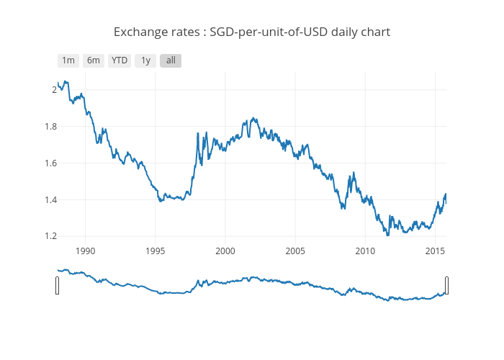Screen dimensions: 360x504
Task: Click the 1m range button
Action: [x=68, y=60]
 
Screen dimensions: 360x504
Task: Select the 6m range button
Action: [x=94, y=60]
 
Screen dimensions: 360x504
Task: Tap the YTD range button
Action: [x=120, y=60]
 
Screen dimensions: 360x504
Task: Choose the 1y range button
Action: [x=145, y=60]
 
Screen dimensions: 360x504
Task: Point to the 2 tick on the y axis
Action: [x=53, y=90]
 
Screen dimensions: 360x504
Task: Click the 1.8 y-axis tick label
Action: [x=50, y=127]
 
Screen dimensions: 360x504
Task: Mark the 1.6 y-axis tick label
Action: [x=50, y=163]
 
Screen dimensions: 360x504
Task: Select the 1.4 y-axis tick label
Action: [x=50, y=200]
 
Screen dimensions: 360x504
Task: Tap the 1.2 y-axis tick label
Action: [x=50, y=236]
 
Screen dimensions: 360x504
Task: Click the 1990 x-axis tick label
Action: [x=85, y=251]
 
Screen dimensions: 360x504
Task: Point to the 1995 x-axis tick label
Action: [x=155, y=251]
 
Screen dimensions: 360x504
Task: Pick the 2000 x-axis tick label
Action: [x=225, y=251]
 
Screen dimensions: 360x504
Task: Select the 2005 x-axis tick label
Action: [x=295, y=251]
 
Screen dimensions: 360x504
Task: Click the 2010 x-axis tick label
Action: [x=365, y=251]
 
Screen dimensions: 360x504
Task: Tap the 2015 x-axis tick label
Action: [x=435, y=251]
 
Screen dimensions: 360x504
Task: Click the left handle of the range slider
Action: [x=58, y=285]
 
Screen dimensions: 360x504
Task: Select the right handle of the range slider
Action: [x=446, y=285]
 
